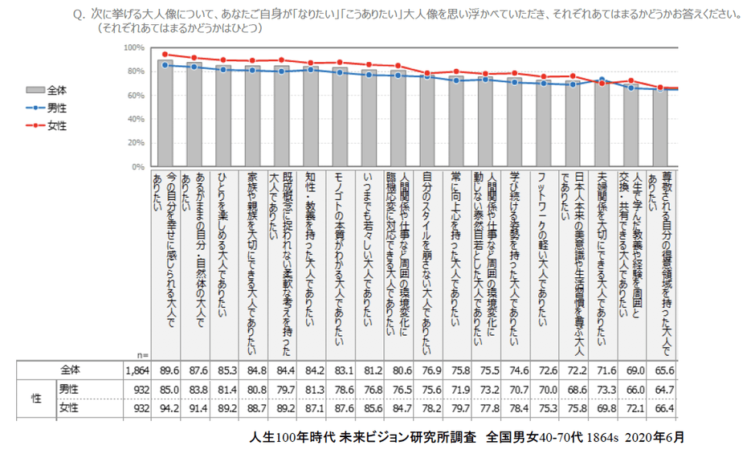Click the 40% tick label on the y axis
coord(134,119)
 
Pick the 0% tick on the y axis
coord(137,166)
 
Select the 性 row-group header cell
coord(35,399)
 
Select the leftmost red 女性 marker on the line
coord(164,55)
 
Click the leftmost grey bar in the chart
coord(165,113)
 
